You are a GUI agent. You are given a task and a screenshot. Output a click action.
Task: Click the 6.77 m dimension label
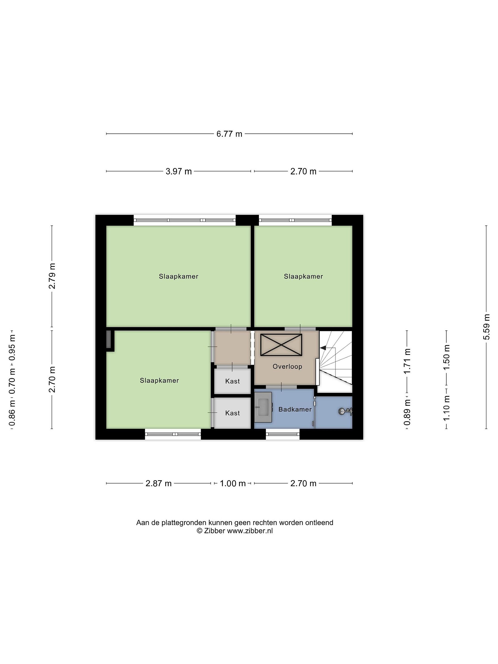[x=229, y=134]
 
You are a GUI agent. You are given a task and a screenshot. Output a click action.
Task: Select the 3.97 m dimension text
[x=179, y=171]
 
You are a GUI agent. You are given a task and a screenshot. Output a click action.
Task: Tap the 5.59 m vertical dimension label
[x=486, y=327]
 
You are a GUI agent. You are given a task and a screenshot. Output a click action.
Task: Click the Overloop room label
[x=287, y=367]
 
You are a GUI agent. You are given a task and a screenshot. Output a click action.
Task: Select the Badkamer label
[x=295, y=409]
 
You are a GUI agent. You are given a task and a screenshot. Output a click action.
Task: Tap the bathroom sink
[x=263, y=408]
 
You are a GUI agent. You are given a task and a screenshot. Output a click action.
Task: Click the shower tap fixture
[x=345, y=412]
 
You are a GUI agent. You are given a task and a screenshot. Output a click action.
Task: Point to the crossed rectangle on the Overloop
[x=281, y=345]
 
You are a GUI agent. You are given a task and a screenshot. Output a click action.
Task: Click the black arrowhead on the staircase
[x=323, y=348]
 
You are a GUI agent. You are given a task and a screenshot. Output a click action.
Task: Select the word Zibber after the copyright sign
[x=215, y=531]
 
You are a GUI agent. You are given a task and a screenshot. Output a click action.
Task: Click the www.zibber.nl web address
[x=250, y=531]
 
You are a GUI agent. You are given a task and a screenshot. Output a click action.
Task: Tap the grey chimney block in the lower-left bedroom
[x=109, y=340]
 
